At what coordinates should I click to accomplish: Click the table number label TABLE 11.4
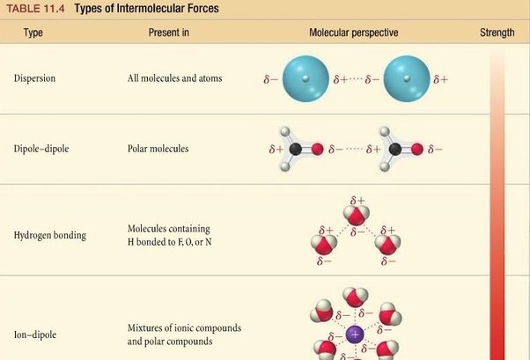(35, 9)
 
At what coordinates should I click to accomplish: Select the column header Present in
(169, 33)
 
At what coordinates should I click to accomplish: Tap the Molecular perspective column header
(354, 33)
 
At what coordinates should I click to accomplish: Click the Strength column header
(497, 33)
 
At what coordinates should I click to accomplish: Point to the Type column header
(33, 33)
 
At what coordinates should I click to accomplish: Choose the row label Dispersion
(34, 78)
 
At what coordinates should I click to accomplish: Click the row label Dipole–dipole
(41, 149)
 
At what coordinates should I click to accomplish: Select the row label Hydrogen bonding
(50, 235)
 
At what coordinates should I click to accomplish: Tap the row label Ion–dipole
(35, 334)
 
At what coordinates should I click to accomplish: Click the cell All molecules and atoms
(174, 78)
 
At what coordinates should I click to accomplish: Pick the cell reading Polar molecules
(158, 149)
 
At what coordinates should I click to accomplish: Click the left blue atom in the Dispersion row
(305, 78)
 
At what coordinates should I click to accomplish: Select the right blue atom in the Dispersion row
(407, 78)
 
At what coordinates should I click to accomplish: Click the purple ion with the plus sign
(355, 334)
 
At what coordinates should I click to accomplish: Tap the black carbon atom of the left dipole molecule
(296, 149)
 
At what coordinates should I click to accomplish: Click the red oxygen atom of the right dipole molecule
(417, 149)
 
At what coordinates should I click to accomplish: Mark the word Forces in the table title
(202, 9)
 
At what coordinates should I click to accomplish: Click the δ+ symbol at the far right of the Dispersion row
(441, 79)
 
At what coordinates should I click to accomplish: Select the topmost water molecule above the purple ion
(356, 297)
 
